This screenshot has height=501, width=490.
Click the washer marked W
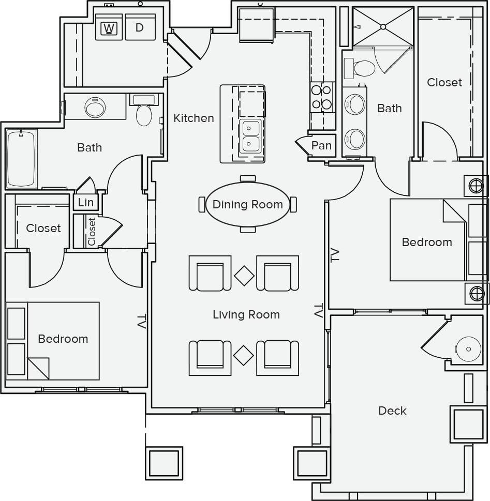click(x=109, y=28)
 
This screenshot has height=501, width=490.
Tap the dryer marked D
click(x=140, y=28)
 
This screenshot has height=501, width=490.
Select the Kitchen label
click(x=194, y=118)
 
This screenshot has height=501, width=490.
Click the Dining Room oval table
click(x=248, y=204)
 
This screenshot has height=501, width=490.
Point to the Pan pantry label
click(x=321, y=146)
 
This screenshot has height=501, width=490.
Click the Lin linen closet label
click(x=86, y=202)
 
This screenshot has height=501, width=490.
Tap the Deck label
click(x=392, y=411)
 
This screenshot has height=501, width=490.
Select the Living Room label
click(x=246, y=314)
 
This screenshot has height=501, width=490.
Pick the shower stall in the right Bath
click(x=383, y=26)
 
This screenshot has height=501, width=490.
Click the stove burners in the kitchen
click(x=321, y=97)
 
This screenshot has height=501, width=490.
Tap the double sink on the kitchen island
click(x=251, y=135)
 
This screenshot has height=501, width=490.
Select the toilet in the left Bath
click(x=144, y=114)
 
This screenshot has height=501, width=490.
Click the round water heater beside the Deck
click(x=468, y=349)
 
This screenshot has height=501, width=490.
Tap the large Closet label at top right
click(x=444, y=82)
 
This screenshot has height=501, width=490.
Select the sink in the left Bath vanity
click(x=95, y=108)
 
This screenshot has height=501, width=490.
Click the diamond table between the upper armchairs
click(x=244, y=276)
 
